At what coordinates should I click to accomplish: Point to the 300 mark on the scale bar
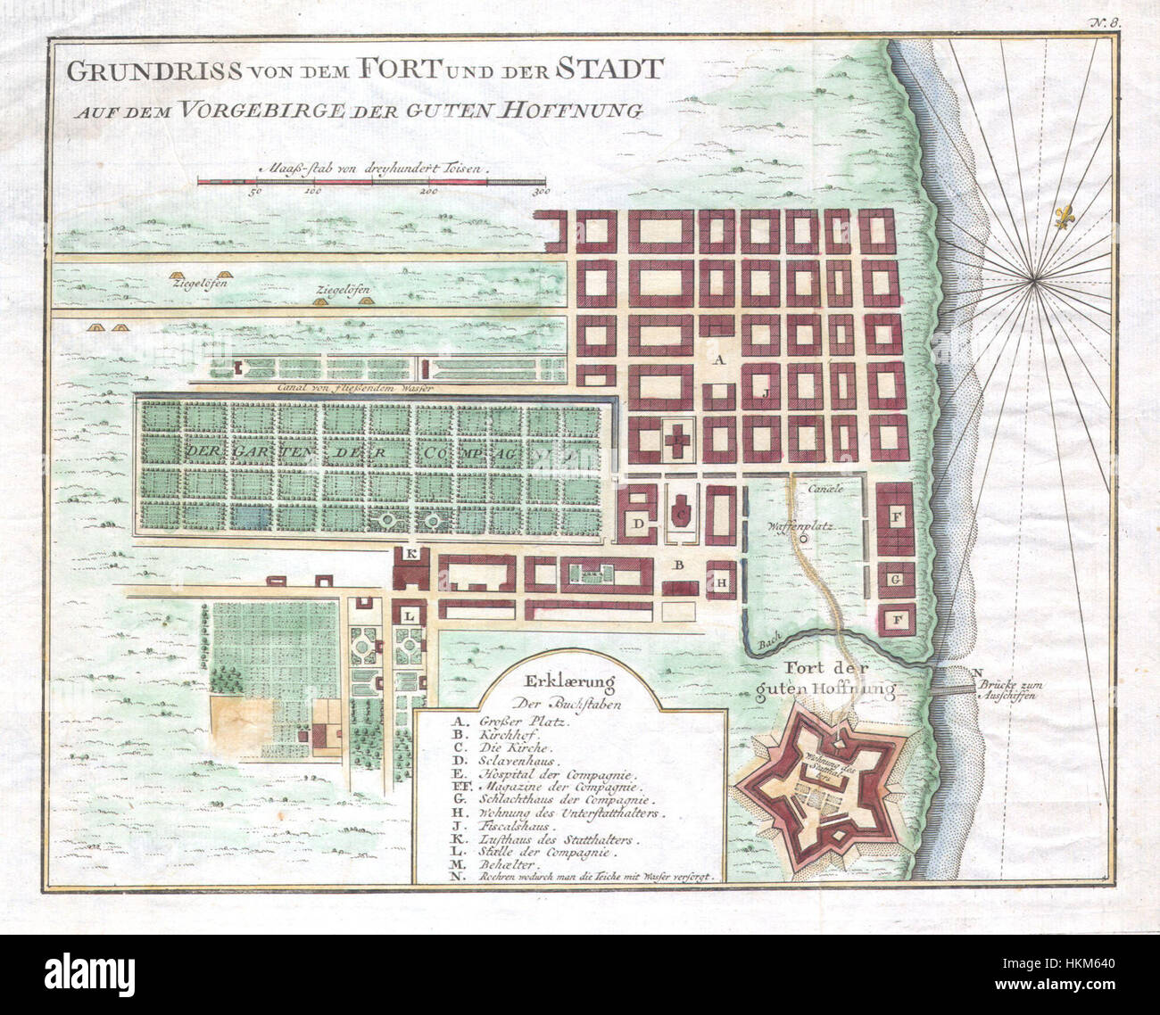(539, 192)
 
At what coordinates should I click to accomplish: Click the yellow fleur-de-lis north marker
(1062, 219)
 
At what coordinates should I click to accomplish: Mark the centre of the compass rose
(1036, 283)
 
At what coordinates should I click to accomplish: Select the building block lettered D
(640, 523)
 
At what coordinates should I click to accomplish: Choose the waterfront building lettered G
(894, 580)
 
